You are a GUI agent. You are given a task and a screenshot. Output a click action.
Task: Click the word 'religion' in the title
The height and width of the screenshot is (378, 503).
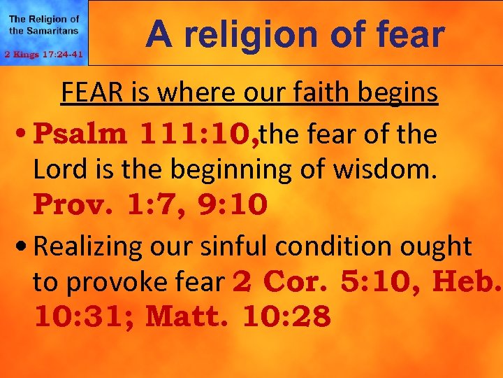[245, 35]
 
